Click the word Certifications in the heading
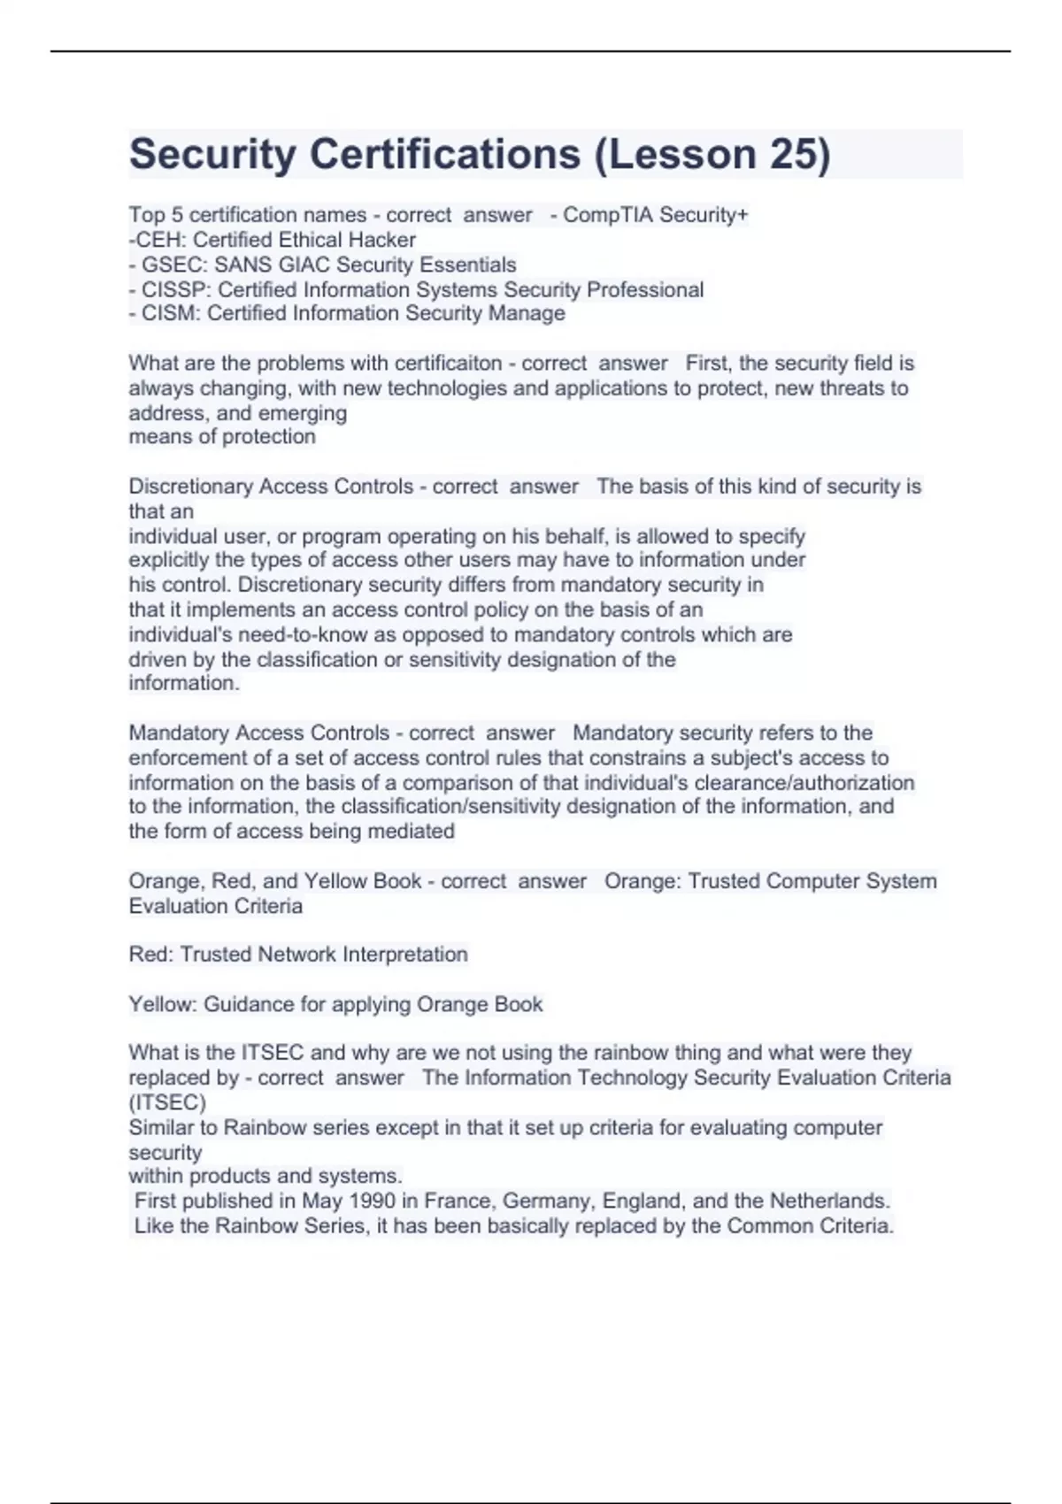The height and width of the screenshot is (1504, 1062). click(444, 154)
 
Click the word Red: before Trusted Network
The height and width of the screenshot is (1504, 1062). click(151, 955)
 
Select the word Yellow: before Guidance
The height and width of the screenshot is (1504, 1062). click(163, 1004)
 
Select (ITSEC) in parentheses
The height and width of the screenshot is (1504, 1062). click(167, 1102)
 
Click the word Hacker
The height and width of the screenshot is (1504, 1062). click(381, 240)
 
